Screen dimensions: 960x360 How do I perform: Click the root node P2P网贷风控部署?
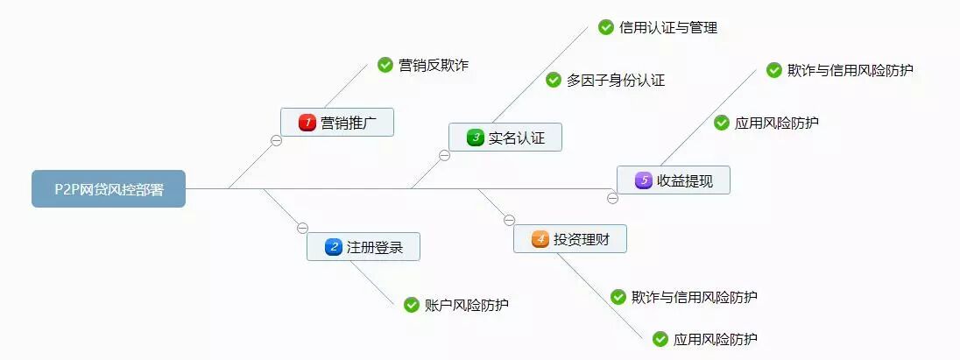(109, 188)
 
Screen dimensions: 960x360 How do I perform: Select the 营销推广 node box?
(337, 123)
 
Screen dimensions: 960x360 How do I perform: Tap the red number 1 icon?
(307, 123)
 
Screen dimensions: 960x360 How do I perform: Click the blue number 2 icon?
(333, 247)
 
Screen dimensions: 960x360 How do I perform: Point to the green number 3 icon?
(475, 138)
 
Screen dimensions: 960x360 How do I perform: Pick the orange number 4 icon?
(540, 238)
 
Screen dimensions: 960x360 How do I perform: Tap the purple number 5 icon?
(643, 180)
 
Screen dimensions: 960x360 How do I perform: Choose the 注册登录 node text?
(375, 247)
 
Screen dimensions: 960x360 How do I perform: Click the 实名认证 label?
(517, 138)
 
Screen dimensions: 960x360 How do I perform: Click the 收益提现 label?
(685, 180)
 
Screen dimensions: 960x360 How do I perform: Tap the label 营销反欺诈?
(434, 65)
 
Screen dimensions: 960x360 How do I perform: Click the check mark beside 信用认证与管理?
(605, 27)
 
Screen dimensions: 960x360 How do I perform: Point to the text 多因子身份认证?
(616, 81)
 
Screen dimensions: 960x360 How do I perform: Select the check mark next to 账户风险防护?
(411, 305)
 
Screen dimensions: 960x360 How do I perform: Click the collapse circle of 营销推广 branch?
(276, 141)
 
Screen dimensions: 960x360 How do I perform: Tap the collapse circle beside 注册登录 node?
(302, 228)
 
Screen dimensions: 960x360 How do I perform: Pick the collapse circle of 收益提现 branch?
(612, 198)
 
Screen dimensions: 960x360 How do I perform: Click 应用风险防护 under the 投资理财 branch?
(716, 339)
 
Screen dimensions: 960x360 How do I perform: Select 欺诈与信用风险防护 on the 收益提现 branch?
(851, 70)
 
